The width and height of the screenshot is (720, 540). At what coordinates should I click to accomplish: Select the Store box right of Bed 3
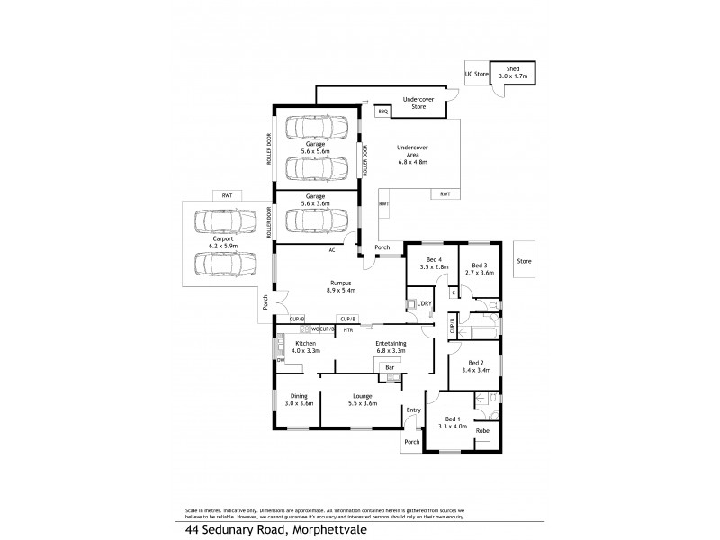524,262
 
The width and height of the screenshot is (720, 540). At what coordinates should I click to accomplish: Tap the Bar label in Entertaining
390,367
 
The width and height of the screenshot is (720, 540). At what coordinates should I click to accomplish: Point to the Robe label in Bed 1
482,431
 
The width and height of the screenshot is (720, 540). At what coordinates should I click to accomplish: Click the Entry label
413,410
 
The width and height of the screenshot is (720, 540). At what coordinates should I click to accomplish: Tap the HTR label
347,330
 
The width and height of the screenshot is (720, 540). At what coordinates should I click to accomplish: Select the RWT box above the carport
222,194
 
